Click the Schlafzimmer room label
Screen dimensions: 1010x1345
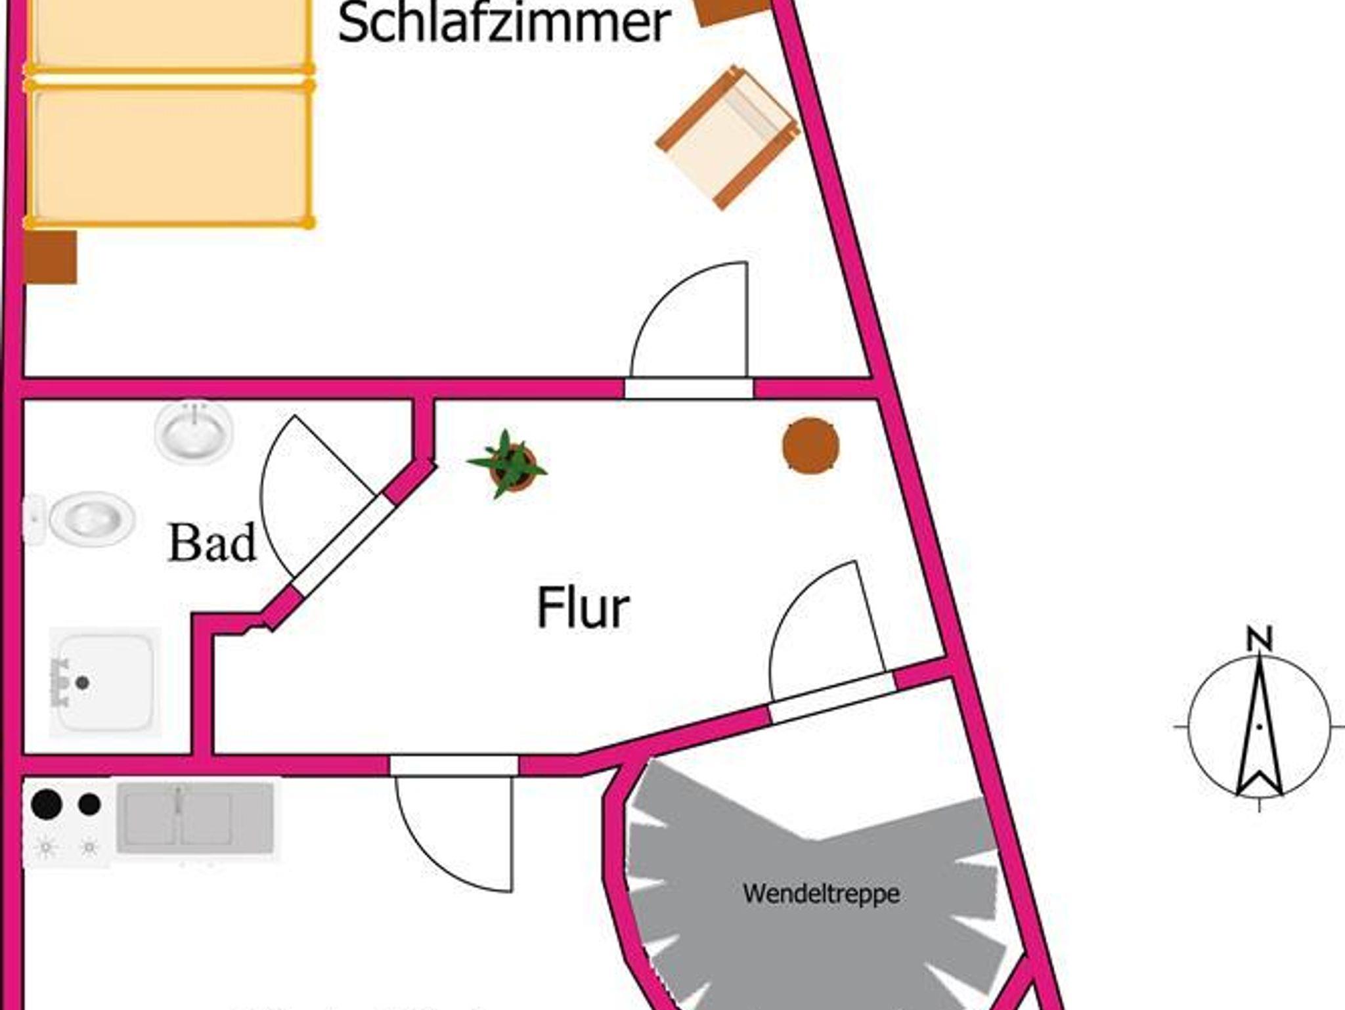click(x=503, y=24)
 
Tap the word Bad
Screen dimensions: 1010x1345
click(x=211, y=544)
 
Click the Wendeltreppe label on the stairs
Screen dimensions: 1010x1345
click(x=821, y=894)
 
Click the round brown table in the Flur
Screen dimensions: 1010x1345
click(x=811, y=445)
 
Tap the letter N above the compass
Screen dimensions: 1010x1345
click(x=1260, y=639)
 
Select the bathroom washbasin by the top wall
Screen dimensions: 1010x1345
click(x=194, y=431)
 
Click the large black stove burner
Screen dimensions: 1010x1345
click(x=47, y=803)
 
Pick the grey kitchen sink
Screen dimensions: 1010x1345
click(x=195, y=818)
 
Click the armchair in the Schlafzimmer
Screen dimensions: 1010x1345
click(x=727, y=138)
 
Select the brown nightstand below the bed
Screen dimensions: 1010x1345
click(x=51, y=257)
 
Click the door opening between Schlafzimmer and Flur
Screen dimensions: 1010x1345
click(x=688, y=389)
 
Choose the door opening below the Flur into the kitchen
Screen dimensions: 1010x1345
click(x=454, y=766)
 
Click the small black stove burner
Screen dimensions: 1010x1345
click(x=89, y=804)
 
